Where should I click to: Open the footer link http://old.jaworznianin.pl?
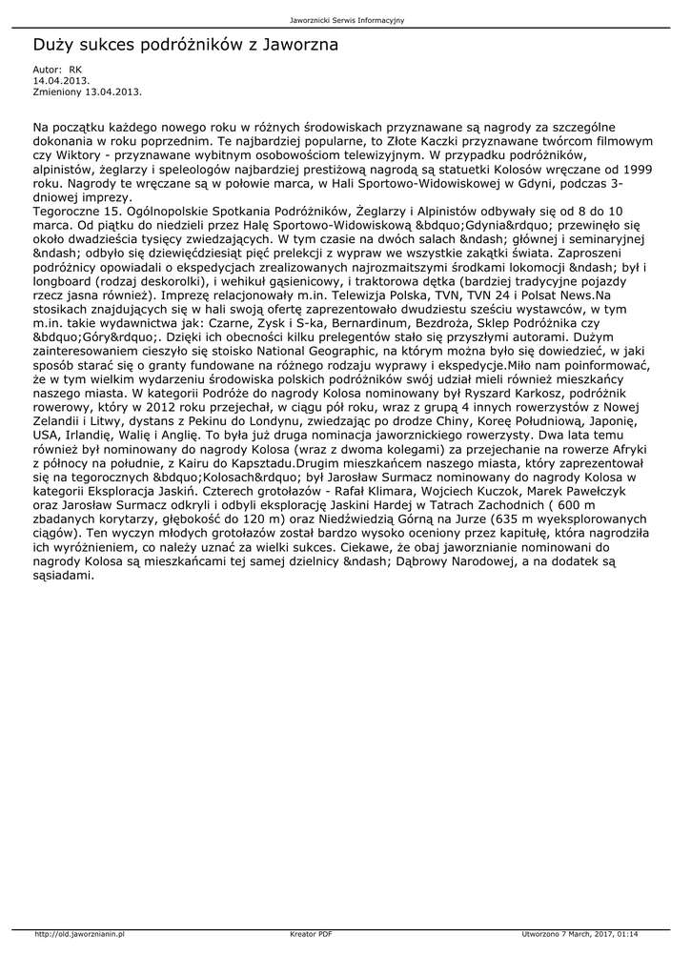[x=80, y=934]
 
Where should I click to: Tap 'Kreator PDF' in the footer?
[x=311, y=934]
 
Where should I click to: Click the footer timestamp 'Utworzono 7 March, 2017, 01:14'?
[x=579, y=934]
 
